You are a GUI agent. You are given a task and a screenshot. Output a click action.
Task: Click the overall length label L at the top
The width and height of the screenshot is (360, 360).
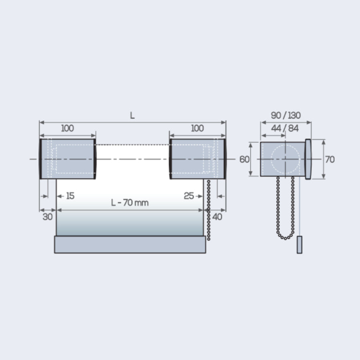(x=132, y=116)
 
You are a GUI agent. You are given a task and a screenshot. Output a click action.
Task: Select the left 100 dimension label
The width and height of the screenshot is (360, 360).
(x=68, y=128)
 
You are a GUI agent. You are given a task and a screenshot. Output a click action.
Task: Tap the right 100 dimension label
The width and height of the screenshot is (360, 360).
(x=198, y=128)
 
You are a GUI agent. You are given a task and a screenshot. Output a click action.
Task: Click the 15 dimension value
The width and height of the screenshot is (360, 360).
(x=70, y=196)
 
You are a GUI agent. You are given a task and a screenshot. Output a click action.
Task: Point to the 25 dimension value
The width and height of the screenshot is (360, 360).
(x=189, y=196)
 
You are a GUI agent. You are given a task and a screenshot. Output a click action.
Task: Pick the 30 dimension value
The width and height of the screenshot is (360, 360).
(x=48, y=217)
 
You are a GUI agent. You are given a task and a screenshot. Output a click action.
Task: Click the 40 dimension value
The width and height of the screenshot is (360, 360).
(x=217, y=217)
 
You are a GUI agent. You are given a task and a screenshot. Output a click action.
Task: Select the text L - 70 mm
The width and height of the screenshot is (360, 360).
(x=130, y=203)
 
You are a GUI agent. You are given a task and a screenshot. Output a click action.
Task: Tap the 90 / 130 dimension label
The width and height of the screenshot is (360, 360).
(x=286, y=115)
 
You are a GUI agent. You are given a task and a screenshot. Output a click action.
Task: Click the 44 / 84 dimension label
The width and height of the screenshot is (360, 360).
(x=285, y=128)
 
